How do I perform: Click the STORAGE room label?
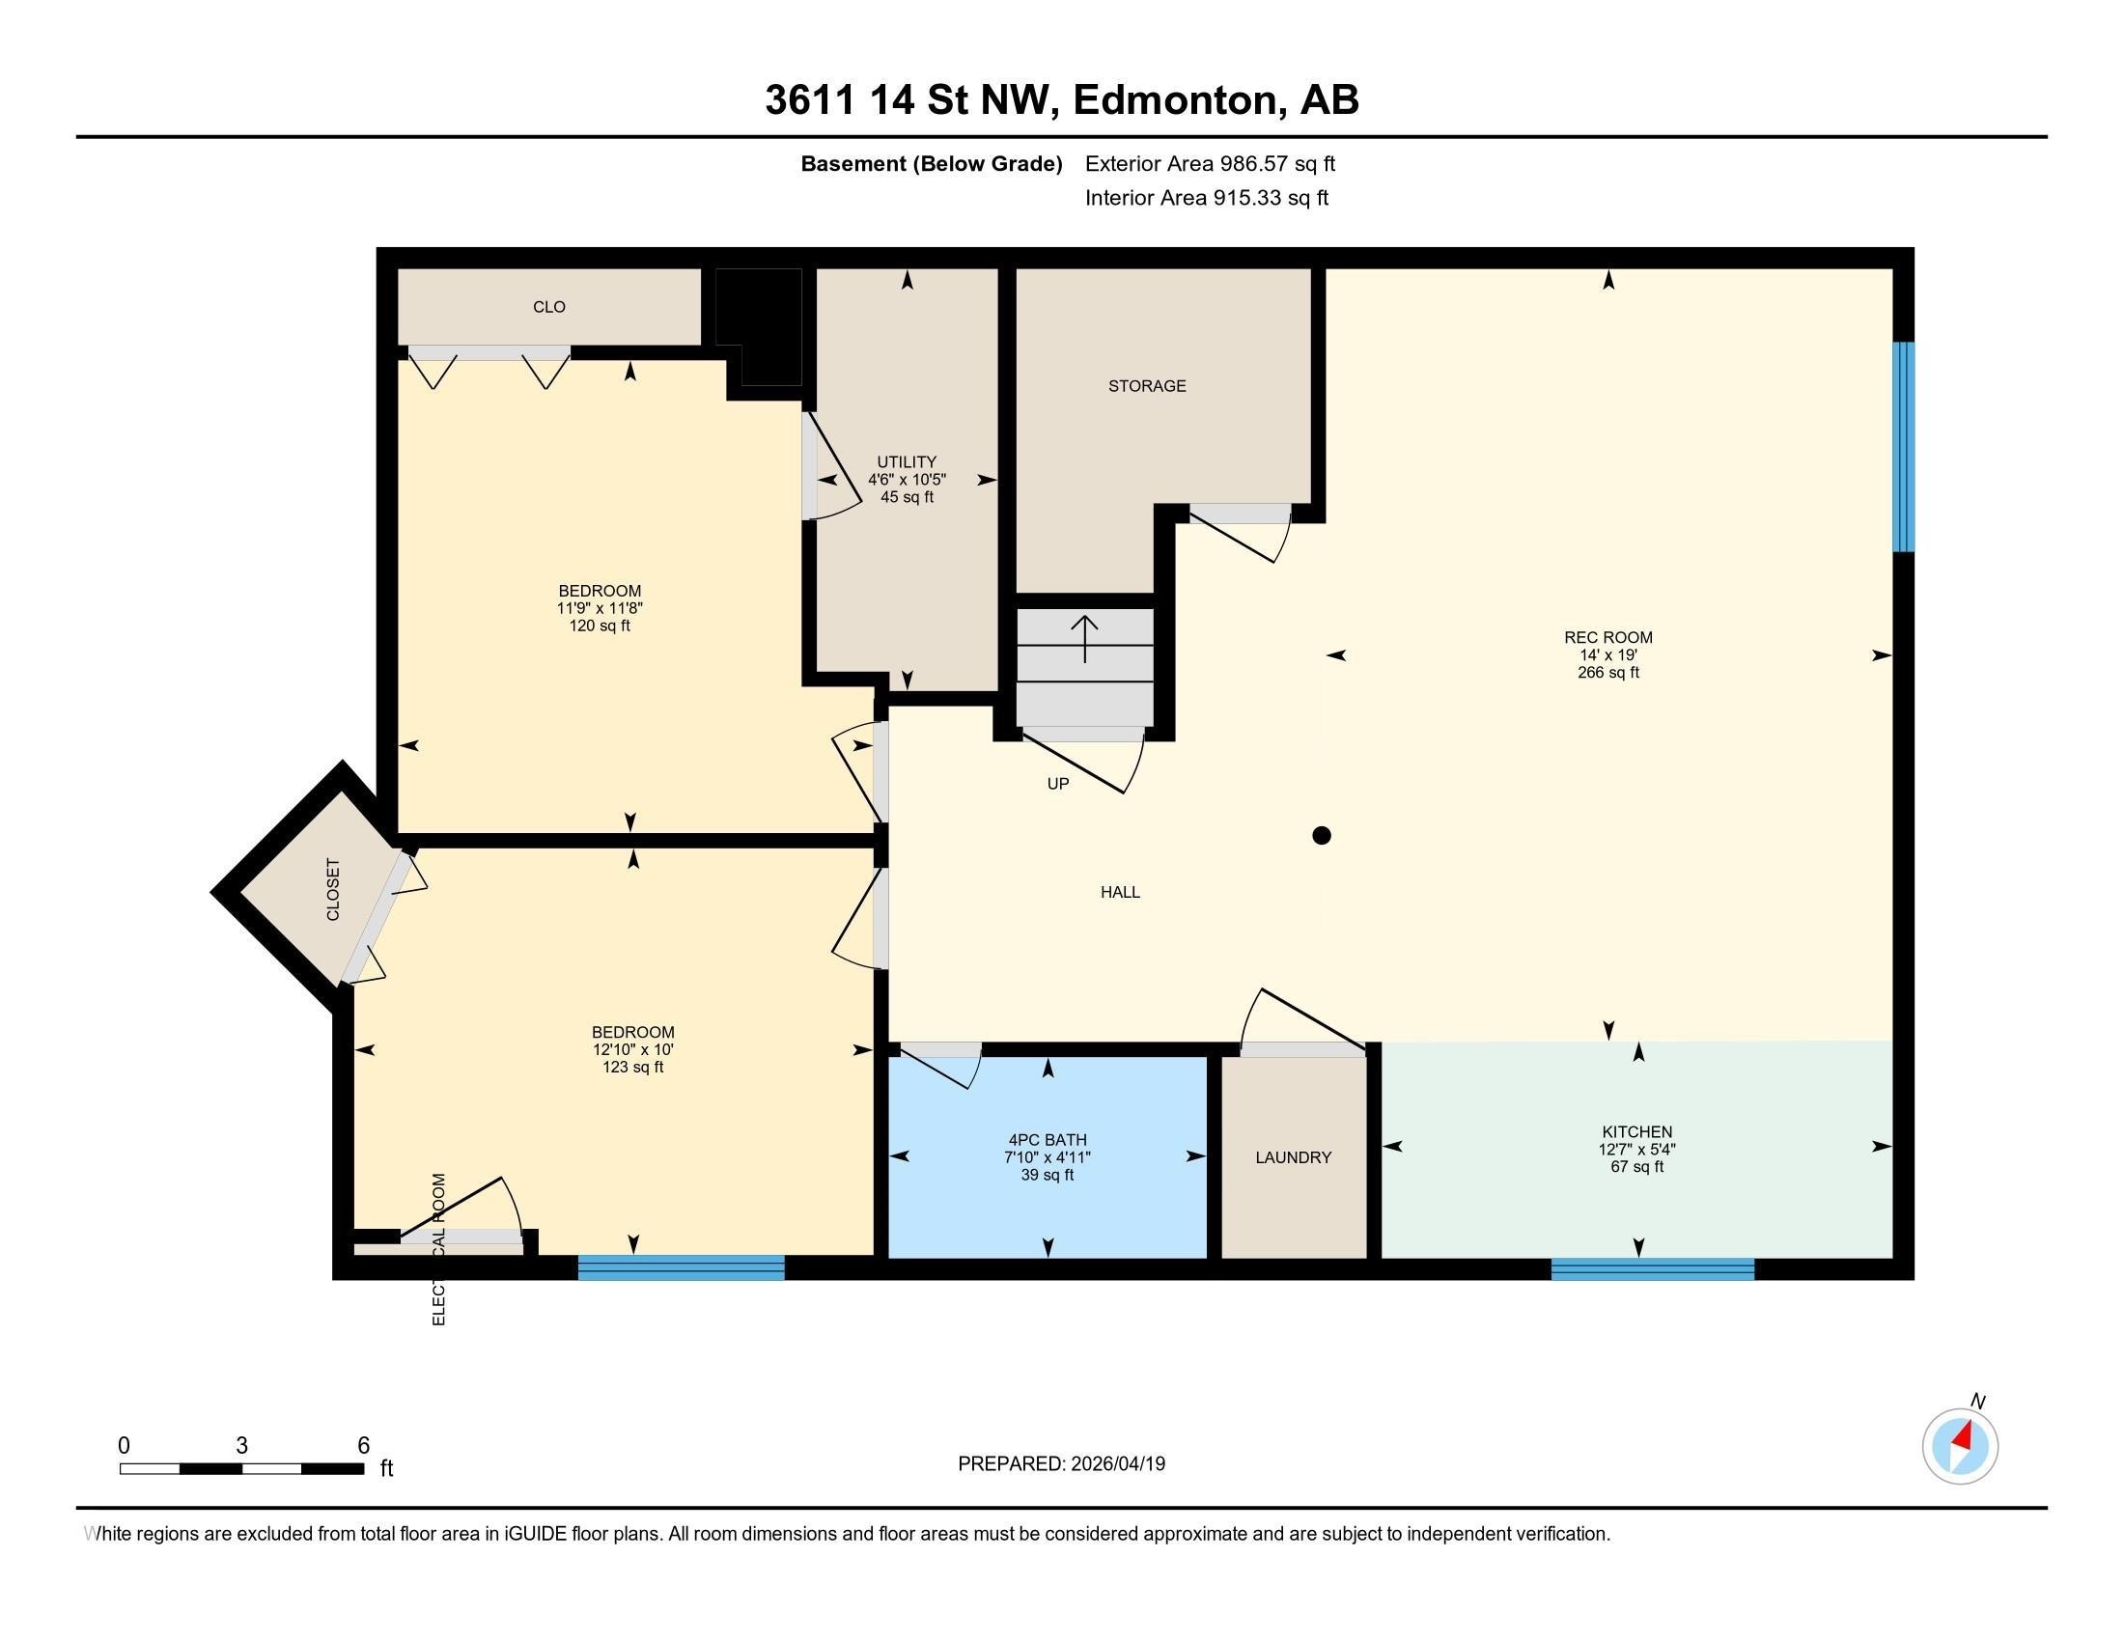tap(1147, 386)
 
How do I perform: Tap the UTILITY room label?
tap(907, 461)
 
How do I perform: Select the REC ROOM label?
tap(1607, 638)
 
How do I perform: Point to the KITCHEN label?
tap(1636, 1131)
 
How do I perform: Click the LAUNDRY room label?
tap(1293, 1156)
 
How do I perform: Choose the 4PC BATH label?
tap(1048, 1139)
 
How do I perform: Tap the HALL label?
tap(1119, 892)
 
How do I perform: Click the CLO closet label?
tap(548, 307)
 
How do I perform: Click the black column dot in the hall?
tap(1321, 835)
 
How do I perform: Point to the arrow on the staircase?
tap(1084, 639)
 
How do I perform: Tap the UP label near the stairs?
tap(1057, 784)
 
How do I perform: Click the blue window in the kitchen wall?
tap(1652, 1268)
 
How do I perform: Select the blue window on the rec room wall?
tap(1903, 446)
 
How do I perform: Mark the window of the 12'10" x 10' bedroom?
tap(681, 1266)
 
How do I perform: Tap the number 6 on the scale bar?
tap(363, 1446)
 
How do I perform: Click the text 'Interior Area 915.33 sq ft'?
tap(1206, 198)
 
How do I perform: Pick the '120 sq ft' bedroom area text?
tap(600, 626)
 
